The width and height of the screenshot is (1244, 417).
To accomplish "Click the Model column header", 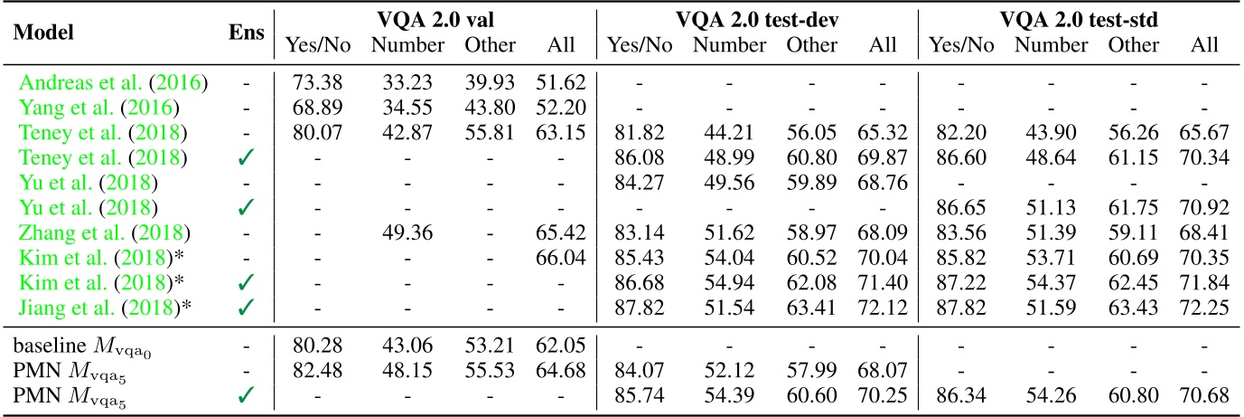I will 42,33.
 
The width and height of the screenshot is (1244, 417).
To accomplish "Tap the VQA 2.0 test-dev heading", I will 756,18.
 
